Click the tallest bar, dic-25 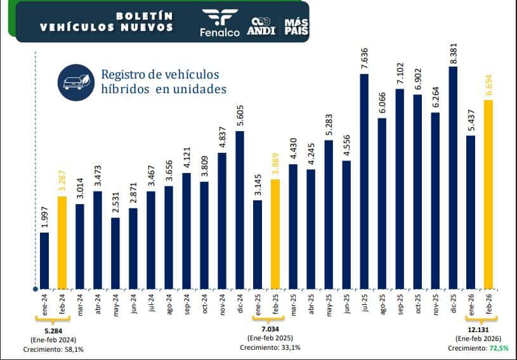(453, 177)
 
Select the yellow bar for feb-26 (488, 193)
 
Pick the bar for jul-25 (364, 181)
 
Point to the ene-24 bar (44, 260)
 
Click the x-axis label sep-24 (187, 307)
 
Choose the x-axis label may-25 (329, 307)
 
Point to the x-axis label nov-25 (435, 307)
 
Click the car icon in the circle (76, 82)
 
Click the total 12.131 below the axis (471, 330)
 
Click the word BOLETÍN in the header (145, 15)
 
